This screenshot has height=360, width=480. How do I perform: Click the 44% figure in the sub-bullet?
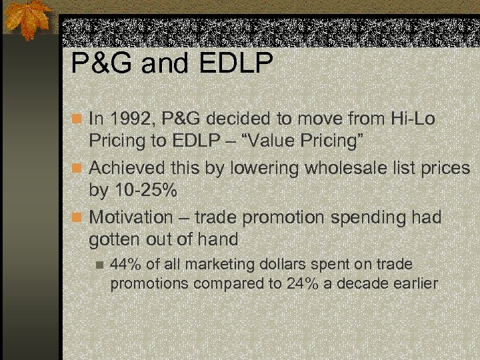point(125,265)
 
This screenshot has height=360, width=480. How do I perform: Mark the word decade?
point(366,284)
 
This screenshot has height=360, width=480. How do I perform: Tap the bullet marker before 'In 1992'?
point(77,120)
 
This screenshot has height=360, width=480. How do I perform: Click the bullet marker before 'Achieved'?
point(77,169)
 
